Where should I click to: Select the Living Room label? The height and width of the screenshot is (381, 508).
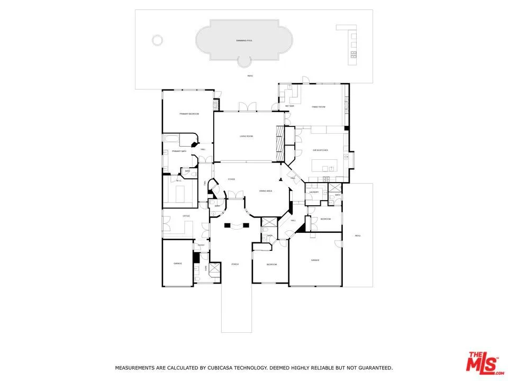(246, 137)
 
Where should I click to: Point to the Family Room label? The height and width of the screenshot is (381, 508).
(318, 107)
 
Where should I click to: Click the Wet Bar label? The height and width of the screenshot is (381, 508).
(289, 106)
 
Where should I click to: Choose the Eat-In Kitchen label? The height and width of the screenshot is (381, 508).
(320, 150)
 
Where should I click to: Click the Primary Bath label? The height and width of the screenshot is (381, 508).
(179, 151)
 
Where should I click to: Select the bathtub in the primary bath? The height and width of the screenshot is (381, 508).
(171, 140)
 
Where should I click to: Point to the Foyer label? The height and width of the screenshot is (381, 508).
(231, 179)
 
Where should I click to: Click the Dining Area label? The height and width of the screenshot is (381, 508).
(265, 190)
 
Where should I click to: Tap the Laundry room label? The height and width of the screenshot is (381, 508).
(314, 192)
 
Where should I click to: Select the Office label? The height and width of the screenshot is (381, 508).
(186, 216)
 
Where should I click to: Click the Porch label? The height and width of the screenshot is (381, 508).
(235, 264)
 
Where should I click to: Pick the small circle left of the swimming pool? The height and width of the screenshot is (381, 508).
(157, 40)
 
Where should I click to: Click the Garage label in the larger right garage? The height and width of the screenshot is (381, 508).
(315, 260)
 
